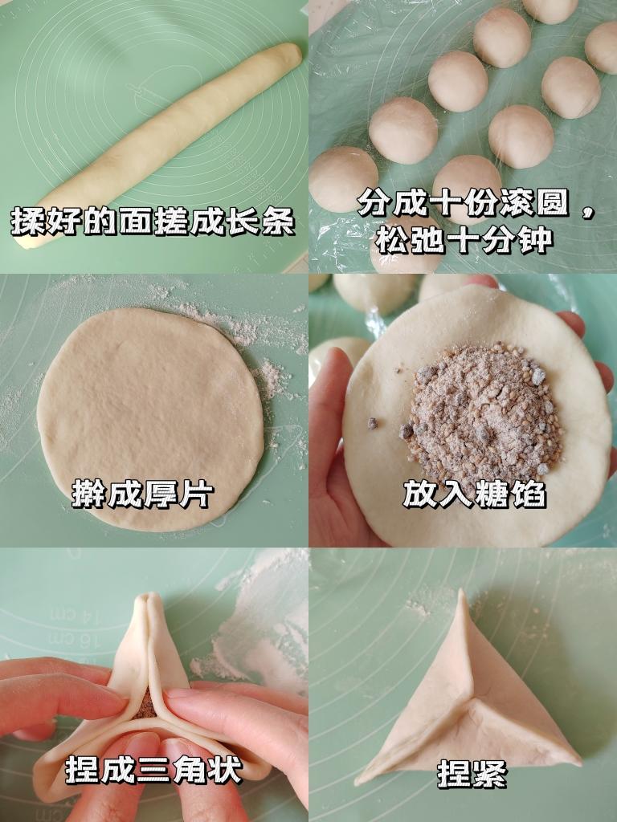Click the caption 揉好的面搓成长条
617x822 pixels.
click(x=153, y=221)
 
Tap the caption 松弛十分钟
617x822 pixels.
click(x=464, y=238)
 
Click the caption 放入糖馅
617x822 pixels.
click(x=474, y=494)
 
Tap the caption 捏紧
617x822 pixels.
click(x=472, y=775)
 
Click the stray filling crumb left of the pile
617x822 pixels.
click(x=373, y=423)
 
